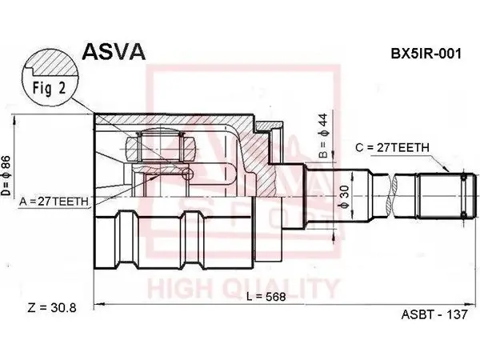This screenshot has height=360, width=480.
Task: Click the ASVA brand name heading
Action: (x=114, y=51)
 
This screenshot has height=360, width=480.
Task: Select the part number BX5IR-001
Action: (x=426, y=54)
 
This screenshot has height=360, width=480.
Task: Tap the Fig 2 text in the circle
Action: (x=50, y=89)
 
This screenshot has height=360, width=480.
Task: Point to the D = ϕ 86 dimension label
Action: (x=6, y=176)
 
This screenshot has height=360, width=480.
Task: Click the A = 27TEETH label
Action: (x=54, y=202)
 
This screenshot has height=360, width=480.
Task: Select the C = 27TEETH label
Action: (x=393, y=148)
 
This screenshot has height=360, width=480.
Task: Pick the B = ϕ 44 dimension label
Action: (x=323, y=136)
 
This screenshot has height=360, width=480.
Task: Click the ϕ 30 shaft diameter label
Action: (x=344, y=197)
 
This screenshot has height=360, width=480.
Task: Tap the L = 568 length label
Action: (x=266, y=296)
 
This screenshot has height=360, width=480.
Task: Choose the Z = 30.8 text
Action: (x=52, y=308)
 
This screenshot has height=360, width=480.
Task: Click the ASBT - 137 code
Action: (x=434, y=314)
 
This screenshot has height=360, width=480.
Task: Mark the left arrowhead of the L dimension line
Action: (x=98, y=304)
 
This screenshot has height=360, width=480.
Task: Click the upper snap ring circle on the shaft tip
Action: (x=464, y=177)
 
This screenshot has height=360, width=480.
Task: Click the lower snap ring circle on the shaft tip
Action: (x=464, y=215)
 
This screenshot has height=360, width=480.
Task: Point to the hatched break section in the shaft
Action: (x=390, y=196)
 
